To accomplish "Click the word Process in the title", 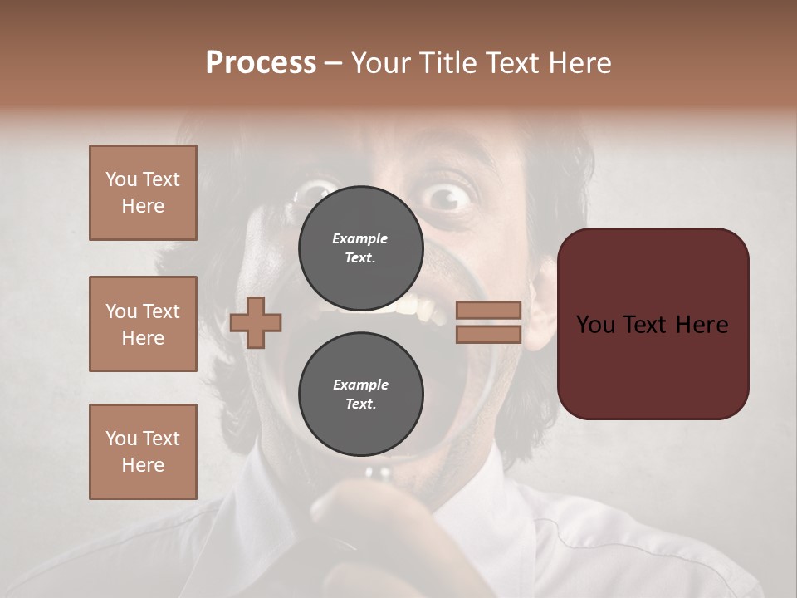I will [261, 63].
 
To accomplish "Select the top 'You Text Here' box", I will [143, 193].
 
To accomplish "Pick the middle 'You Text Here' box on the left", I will [143, 324].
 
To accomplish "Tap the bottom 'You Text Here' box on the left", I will [143, 451].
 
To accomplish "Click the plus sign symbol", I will [256, 322].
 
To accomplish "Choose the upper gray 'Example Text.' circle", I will [360, 248].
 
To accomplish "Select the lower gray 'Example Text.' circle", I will [360, 394].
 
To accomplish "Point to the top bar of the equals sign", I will [488, 310].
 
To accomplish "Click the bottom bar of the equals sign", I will [488, 334].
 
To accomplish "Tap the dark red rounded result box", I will [653, 324].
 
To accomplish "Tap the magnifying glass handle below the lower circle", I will [379, 473].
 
